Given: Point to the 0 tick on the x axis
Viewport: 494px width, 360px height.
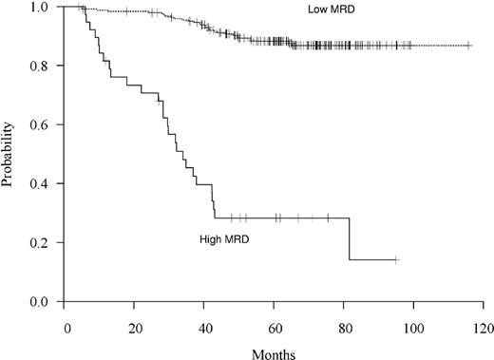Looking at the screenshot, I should click(66, 327).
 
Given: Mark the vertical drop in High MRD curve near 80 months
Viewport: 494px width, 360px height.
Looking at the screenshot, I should click(349, 238).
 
